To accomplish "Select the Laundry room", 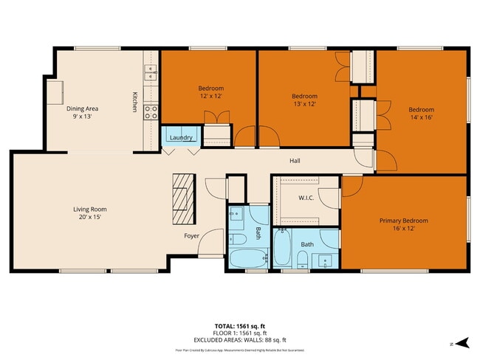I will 181,138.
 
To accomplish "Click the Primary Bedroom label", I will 403,221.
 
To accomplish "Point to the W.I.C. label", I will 307,198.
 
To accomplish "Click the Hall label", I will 295,161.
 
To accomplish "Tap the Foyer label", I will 192,236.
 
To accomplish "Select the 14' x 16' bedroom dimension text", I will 422,118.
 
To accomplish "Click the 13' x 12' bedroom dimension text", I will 304,105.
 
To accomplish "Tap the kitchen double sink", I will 151,72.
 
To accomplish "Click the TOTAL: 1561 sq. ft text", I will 240,325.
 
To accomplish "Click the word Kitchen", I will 135,102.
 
